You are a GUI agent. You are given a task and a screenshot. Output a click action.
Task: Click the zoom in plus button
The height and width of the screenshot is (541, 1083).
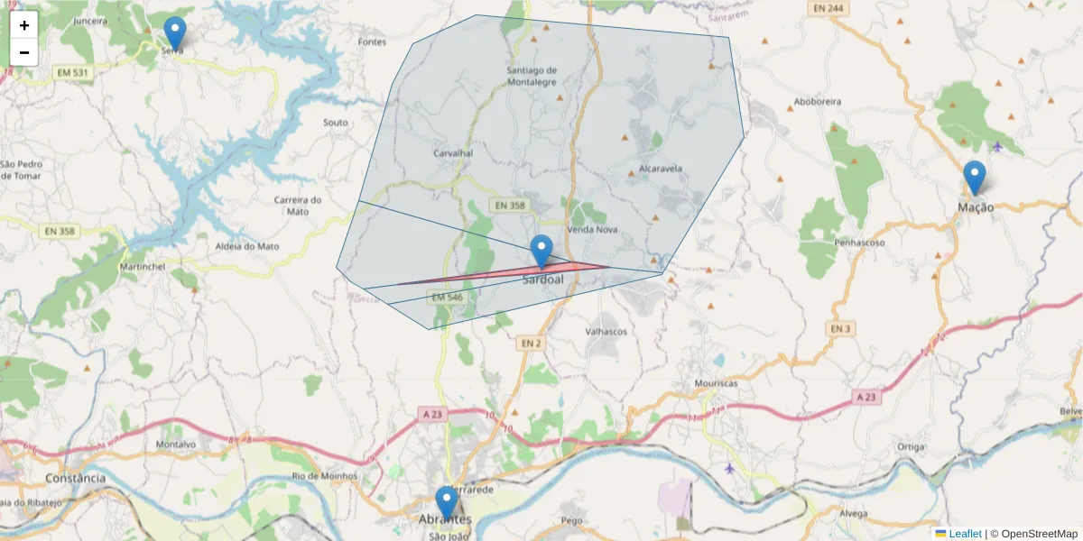[24, 25]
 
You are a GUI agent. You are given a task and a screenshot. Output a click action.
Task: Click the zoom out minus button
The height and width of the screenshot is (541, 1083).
[24, 52]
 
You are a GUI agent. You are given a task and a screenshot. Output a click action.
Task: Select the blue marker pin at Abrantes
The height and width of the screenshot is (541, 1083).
[446, 502]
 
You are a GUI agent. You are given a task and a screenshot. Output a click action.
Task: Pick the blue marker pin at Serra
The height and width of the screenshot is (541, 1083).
[175, 33]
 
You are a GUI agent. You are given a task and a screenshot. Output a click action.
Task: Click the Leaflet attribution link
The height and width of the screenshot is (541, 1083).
[965, 534]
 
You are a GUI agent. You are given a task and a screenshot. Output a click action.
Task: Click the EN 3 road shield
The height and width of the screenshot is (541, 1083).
[840, 329]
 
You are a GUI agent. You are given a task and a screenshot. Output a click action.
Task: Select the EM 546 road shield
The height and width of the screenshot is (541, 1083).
[447, 298]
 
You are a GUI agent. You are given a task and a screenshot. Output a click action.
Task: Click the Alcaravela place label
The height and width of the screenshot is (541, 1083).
[660, 169]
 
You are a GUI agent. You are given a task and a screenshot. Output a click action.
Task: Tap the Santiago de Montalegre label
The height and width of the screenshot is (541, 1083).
[532, 76]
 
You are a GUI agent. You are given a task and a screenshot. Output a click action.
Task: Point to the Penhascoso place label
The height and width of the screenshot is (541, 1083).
[859, 243]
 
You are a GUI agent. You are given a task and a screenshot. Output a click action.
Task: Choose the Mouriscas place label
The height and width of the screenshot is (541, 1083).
[716, 383]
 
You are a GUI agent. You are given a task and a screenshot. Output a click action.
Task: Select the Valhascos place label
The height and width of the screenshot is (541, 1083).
[606, 332]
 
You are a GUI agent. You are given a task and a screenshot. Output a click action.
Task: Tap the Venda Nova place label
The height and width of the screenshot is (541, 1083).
[592, 230]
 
